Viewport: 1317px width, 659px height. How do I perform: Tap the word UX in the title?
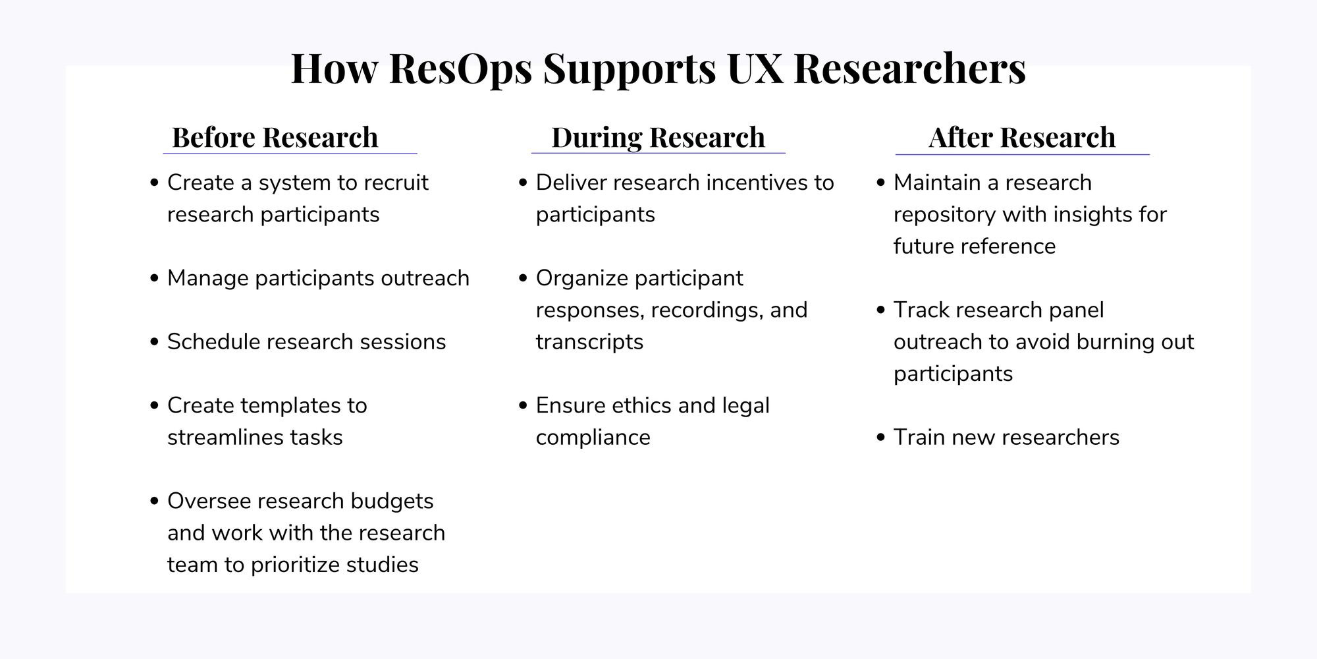coord(755,69)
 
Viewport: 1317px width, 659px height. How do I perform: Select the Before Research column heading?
coord(275,138)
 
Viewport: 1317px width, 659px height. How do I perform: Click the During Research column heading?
coord(658,138)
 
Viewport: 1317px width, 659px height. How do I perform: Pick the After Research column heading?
coord(1022,138)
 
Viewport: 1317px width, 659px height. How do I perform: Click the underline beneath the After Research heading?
coord(1022,154)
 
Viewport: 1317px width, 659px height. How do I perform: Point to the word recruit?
coord(394,183)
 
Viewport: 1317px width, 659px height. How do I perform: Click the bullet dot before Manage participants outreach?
coord(155,279)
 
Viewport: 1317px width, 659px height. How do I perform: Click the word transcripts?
coord(589,342)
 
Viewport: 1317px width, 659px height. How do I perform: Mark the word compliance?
coord(593,438)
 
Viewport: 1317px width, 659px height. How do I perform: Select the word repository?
coord(944,215)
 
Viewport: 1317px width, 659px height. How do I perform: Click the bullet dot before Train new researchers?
coord(881,438)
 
